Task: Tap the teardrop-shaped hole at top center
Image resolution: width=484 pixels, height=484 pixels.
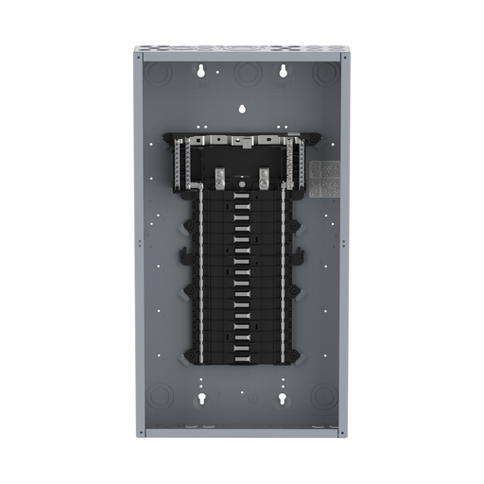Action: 242,108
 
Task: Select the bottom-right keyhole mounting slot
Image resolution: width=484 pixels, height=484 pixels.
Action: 281,399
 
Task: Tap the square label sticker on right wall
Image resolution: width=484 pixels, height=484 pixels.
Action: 324,177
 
